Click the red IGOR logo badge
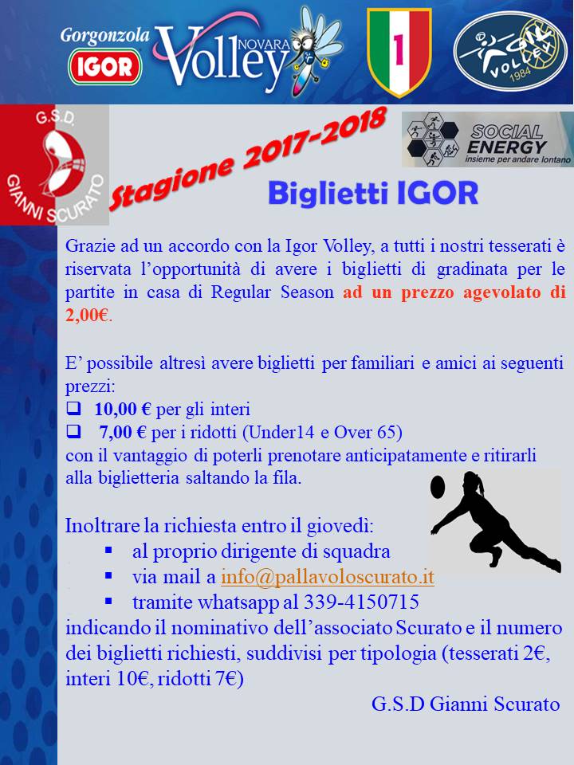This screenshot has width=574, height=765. click(x=105, y=67)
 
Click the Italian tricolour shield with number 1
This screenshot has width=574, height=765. click(x=399, y=52)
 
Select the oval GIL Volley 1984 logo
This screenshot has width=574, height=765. click(x=510, y=52)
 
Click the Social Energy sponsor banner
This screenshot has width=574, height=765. click(x=488, y=139)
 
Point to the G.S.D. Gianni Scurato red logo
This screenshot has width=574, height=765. click(x=54, y=165)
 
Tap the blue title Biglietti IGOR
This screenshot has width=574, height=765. click(x=373, y=193)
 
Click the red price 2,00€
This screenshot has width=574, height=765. click(x=88, y=316)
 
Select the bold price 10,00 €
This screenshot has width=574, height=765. click(x=123, y=409)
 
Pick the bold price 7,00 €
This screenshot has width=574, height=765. click(x=123, y=432)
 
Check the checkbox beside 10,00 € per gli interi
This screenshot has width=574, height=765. click(x=73, y=409)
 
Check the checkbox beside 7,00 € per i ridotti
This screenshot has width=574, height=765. click(x=73, y=431)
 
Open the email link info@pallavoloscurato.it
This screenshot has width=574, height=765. click(x=328, y=577)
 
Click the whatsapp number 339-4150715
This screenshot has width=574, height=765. click(x=361, y=602)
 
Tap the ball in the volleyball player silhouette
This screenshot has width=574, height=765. click(x=438, y=487)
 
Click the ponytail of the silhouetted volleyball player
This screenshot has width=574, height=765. click(x=481, y=485)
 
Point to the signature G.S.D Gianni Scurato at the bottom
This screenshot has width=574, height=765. click(x=466, y=704)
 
